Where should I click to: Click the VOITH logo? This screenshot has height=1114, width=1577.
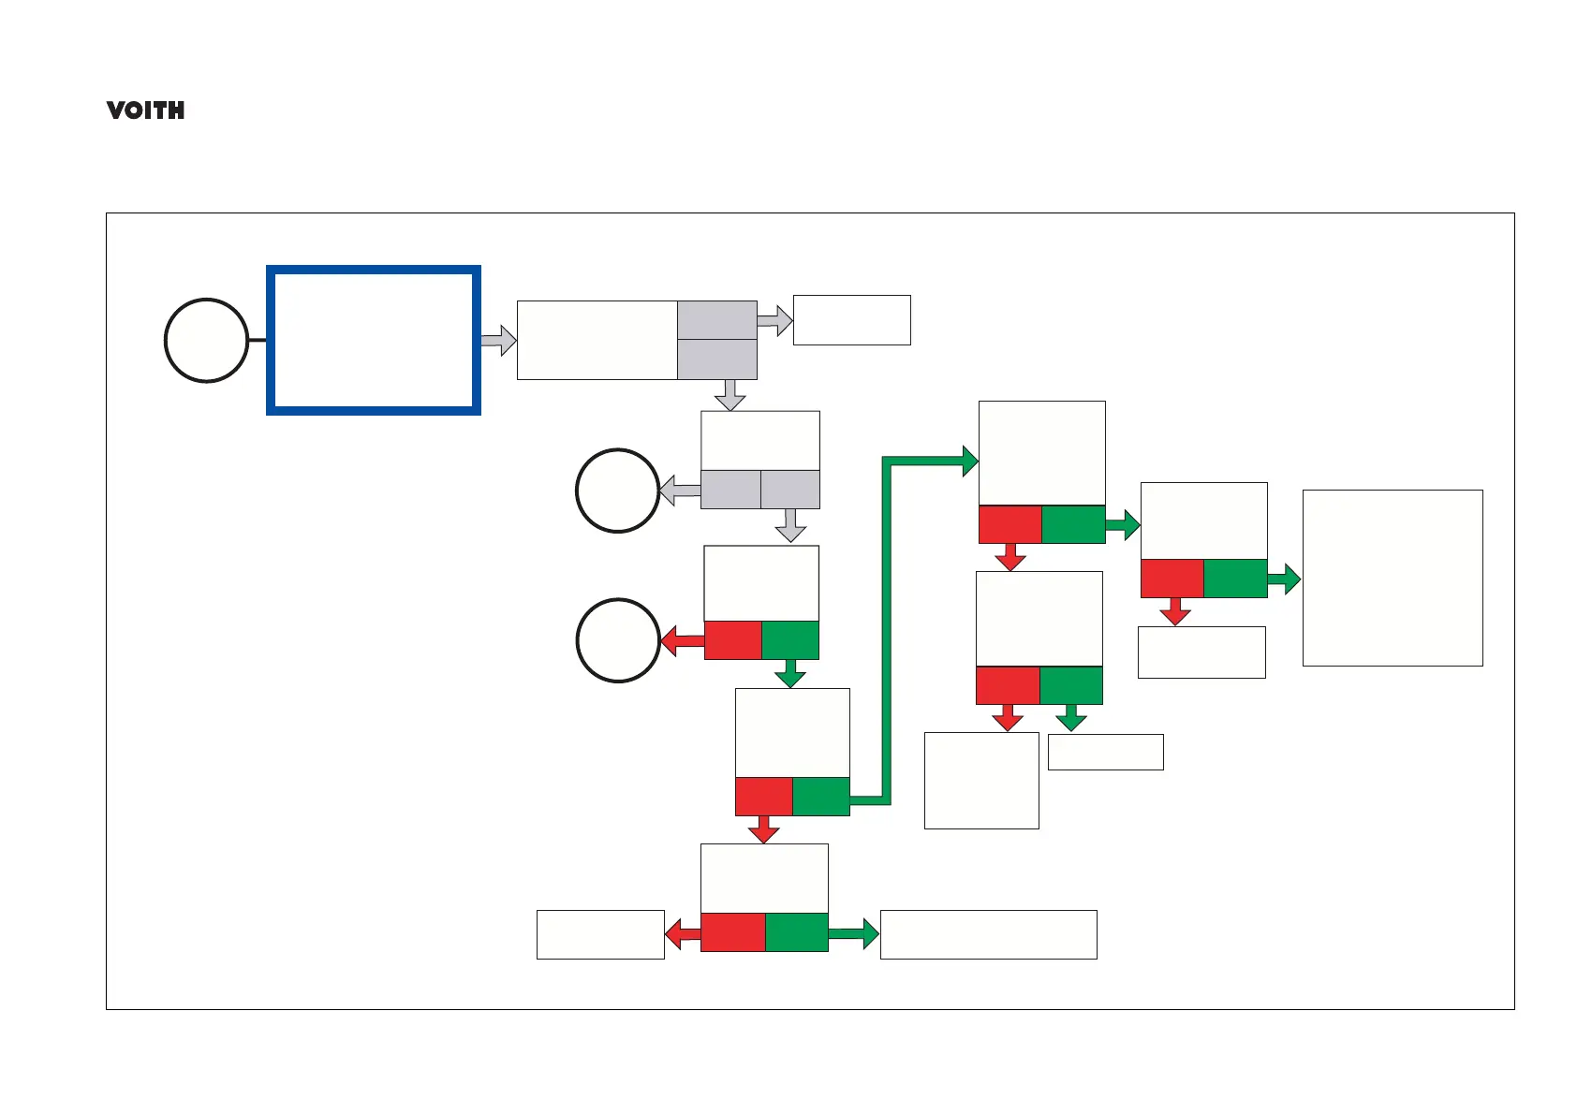145,110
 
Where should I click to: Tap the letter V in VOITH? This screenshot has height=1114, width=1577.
116,110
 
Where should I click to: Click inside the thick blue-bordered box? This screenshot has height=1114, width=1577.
374,340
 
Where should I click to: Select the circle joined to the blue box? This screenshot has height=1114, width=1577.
206,340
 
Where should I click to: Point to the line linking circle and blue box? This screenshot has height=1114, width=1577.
258,340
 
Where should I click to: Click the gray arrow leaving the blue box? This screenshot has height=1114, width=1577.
499,341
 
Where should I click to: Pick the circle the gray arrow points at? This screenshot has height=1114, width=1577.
617,491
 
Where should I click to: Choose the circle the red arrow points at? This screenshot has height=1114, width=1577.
617,640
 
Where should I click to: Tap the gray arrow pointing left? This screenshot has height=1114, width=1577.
680,491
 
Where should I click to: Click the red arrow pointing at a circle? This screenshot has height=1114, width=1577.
683,641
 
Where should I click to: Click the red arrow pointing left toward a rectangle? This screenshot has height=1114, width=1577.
683,933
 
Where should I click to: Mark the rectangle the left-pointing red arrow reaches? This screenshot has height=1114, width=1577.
600,934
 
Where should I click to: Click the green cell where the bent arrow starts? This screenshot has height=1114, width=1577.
821,796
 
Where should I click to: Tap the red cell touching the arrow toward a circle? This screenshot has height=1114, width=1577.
732,640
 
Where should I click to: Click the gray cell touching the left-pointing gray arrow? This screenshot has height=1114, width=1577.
730,490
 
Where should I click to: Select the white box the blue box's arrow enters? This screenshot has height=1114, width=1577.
597,340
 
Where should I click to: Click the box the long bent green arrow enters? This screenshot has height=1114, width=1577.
1041,453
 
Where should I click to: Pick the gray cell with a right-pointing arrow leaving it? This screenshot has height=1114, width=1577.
716,320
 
